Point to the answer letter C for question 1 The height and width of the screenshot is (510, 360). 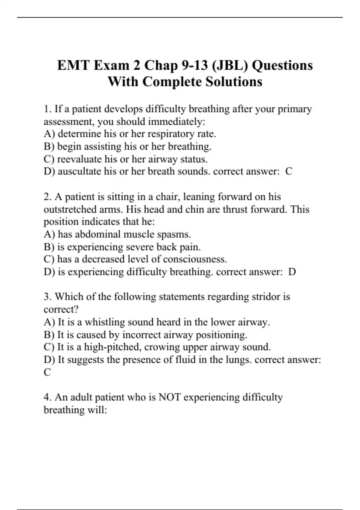[289, 171]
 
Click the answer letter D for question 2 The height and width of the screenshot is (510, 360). [292, 272]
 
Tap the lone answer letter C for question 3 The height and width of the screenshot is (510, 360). [47, 372]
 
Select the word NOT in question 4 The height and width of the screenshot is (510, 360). [169, 397]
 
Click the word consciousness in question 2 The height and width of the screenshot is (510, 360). [195, 259]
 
